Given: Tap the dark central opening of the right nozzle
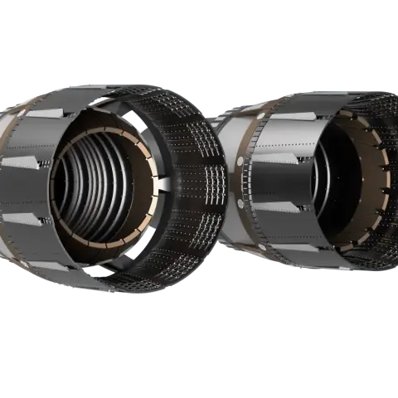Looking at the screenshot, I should (x=348, y=178).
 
